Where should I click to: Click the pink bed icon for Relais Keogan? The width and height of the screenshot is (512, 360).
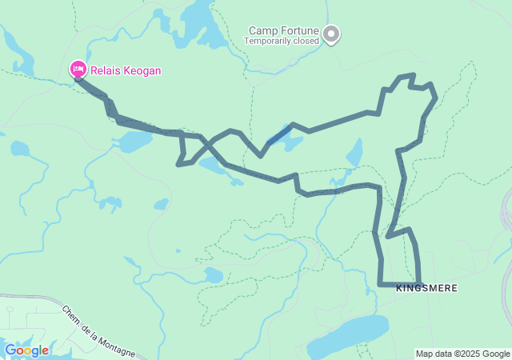[x=78, y=70]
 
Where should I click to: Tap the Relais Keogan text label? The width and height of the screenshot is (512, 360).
[x=125, y=70]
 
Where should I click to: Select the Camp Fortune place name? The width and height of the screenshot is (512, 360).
[x=282, y=31]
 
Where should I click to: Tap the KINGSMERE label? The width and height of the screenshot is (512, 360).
[x=426, y=289]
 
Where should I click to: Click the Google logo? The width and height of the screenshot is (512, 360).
[x=26, y=350]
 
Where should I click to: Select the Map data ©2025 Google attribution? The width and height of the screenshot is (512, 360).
[x=462, y=354]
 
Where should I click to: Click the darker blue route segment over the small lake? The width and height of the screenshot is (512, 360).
[x=279, y=136]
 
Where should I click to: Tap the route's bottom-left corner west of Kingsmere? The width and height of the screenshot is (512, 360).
[x=380, y=283]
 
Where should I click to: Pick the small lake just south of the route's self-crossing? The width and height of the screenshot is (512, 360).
[x=214, y=166]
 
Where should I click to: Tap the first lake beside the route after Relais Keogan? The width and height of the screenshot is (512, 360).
[x=133, y=142]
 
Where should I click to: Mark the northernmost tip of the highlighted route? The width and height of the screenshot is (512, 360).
[x=412, y=75]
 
